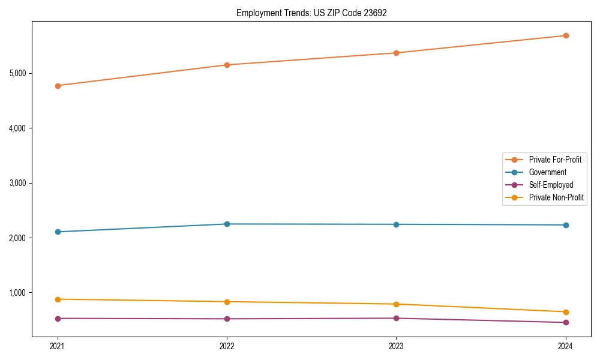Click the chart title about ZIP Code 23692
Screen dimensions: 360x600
(x=311, y=13)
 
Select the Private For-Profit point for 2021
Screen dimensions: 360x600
(x=58, y=86)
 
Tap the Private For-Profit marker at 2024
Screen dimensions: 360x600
(x=565, y=35)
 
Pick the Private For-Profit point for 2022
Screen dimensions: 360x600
(x=227, y=65)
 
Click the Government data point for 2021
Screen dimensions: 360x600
(x=58, y=232)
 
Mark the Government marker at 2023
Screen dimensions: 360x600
(x=396, y=224)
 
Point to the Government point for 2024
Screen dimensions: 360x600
(x=565, y=225)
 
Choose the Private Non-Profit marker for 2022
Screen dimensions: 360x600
(x=227, y=302)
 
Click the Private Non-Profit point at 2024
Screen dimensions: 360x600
(x=565, y=312)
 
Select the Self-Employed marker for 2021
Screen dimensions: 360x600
(x=58, y=319)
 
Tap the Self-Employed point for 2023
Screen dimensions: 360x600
(x=396, y=318)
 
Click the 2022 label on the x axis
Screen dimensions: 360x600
(x=227, y=346)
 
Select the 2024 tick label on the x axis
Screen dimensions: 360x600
(x=565, y=346)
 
